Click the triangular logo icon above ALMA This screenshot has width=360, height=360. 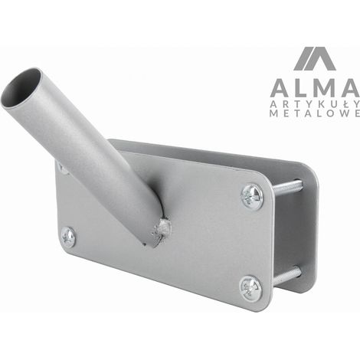click(x=314, y=59)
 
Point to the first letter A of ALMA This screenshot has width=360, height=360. click(x=280, y=88)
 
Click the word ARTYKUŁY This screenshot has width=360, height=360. click(x=315, y=103)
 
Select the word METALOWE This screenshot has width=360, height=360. click(x=315, y=113)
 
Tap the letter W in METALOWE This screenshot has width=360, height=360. click(x=343, y=113)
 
